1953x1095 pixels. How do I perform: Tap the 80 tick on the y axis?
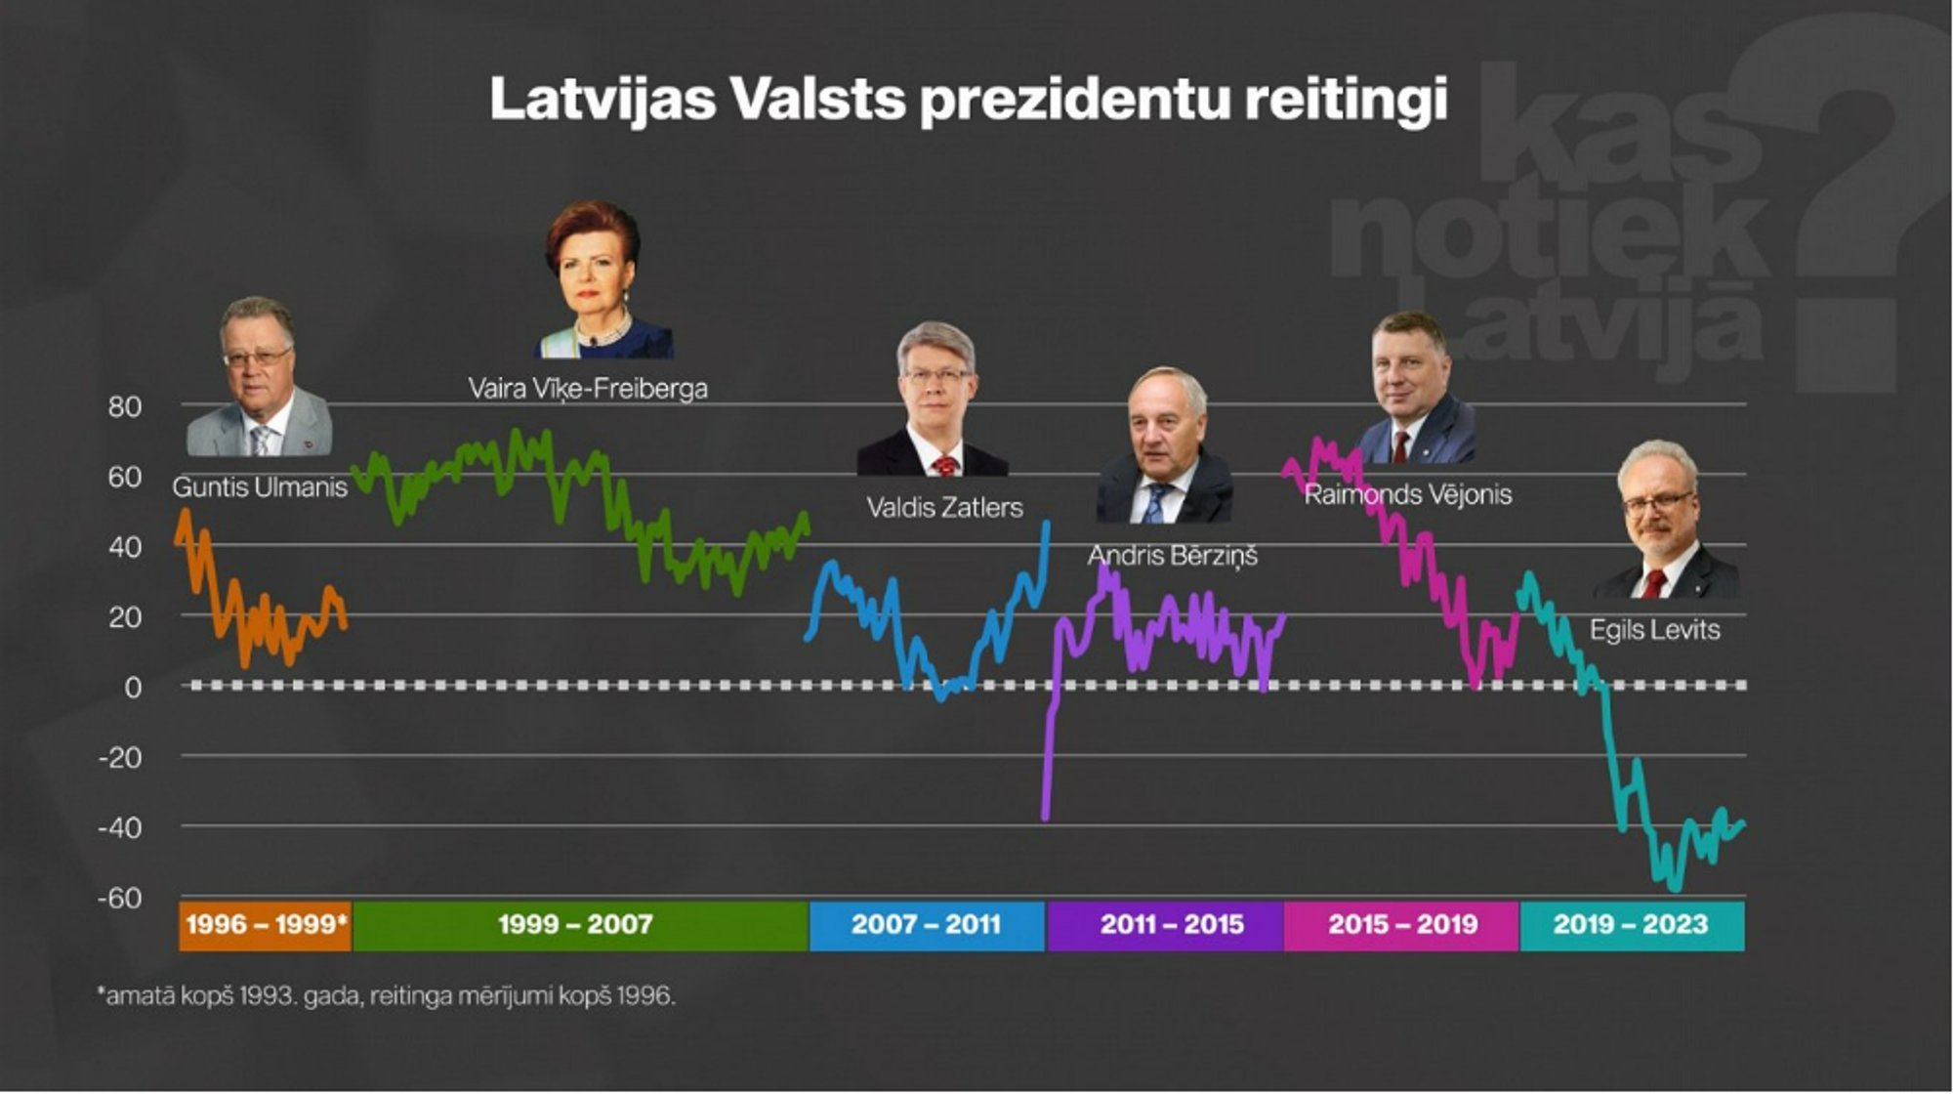(x=124, y=406)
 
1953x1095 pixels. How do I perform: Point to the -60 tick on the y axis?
(x=119, y=898)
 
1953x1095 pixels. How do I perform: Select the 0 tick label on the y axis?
(x=133, y=688)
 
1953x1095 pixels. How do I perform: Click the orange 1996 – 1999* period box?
(x=266, y=925)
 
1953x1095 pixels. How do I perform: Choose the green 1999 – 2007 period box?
(x=576, y=925)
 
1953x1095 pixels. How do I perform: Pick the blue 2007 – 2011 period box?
(x=926, y=925)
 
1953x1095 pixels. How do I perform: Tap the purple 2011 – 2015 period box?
(x=1172, y=925)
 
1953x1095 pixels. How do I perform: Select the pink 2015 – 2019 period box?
(x=1402, y=925)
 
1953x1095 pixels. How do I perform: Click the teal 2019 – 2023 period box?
(x=1631, y=925)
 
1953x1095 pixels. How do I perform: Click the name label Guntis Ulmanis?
(x=260, y=487)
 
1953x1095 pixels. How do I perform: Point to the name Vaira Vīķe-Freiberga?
(x=588, y=389)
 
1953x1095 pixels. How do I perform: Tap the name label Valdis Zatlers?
(x=944, y=508)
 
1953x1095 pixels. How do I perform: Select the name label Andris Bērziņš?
(x=1172, y=556)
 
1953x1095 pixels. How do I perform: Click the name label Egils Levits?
(x=1654, y=630)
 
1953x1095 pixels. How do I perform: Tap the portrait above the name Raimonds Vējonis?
(x=1414, y=389)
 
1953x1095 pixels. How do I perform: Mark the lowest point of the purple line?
(x=1045, y=817)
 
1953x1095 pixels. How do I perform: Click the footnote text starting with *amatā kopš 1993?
(x=387, y=996)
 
